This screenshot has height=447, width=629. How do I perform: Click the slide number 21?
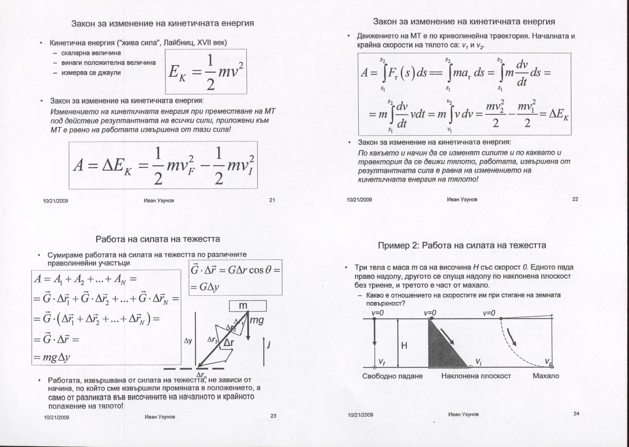click(x=272, y=200)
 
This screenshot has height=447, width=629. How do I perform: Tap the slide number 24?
click(x=576, y=414)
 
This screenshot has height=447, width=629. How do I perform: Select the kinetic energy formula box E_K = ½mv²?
click(x=205, y=72)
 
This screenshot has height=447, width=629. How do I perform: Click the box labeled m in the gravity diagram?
click(x=248, y=306)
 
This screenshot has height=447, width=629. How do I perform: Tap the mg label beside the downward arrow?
click(x=256, y=320)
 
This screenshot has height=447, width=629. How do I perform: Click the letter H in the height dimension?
click(x=404, y=346)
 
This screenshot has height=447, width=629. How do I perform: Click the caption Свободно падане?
click(x=392, y=376)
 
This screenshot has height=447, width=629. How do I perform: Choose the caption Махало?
click(x=546, y=376)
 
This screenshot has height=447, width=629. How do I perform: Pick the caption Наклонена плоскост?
click(x=476, y=376)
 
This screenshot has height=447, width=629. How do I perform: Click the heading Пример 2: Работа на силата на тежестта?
click(x=462, y=245)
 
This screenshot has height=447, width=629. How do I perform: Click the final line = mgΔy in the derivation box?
click(x=52, y=357)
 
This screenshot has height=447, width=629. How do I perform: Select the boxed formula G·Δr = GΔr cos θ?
click(x=235, y=277)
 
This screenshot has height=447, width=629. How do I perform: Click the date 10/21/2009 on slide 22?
click(x=359, y=200)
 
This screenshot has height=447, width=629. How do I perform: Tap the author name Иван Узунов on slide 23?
click(x=160, y=417)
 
